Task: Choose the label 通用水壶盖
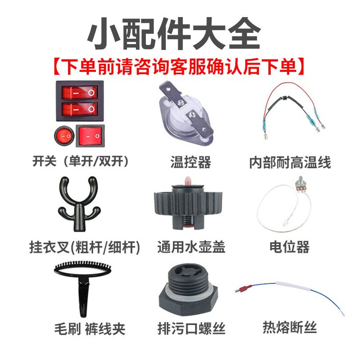point(191,247)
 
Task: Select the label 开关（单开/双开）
point(80,161)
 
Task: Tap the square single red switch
point(90,135)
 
